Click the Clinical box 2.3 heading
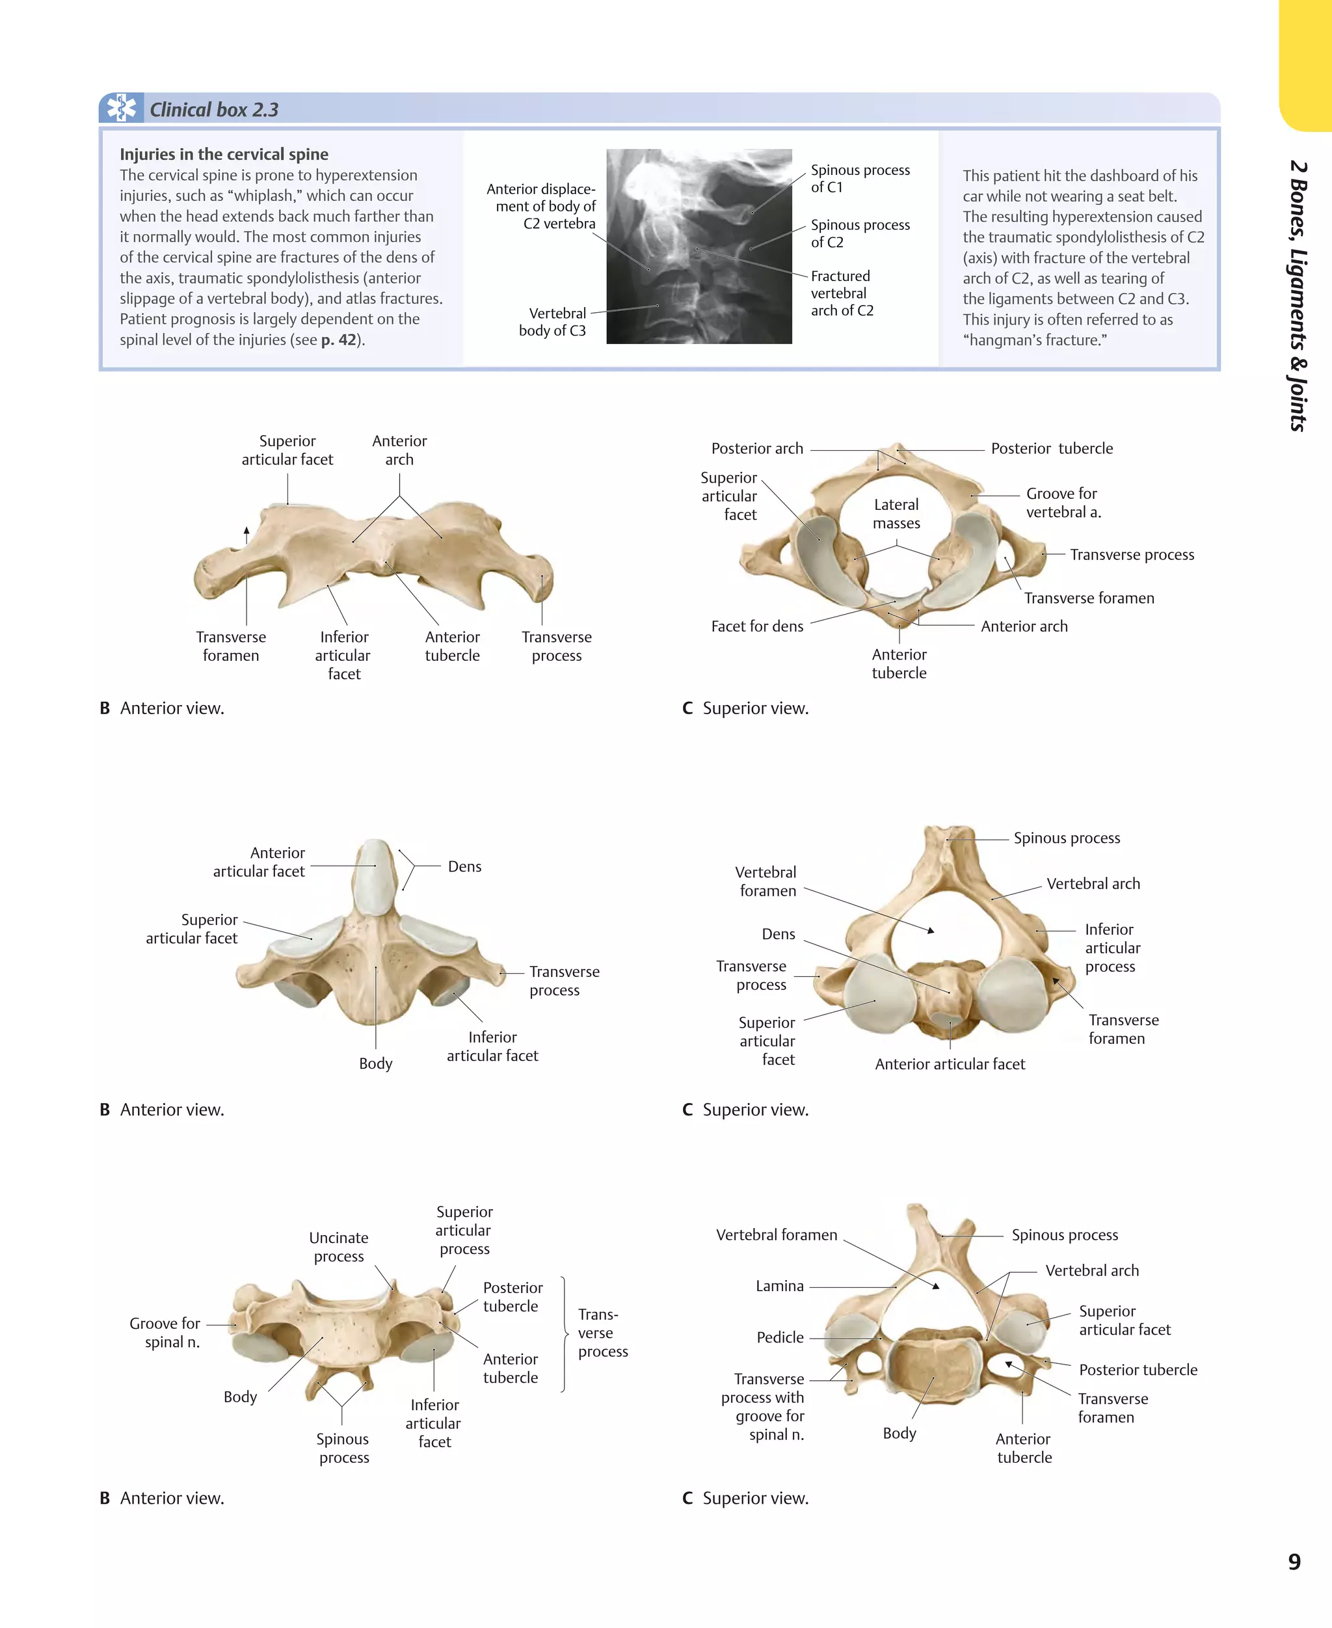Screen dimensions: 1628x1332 click(x=213, y=110)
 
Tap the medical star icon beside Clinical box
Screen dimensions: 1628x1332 click(x=120, y=108)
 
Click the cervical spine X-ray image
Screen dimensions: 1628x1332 click(x=699, y=247)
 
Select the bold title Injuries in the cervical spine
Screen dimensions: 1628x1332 click(x=223, y=154)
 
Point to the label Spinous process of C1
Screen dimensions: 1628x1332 click(x=859, y=178)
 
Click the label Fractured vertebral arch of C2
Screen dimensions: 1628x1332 click(x=842, y=293)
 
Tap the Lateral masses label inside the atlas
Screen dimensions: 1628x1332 click(x=896, y=514)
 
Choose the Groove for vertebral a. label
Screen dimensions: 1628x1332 click(x=1063, y=503)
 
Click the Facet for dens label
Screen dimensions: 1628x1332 click(x=756, y=626)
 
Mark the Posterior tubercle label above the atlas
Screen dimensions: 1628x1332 click(x=1051, y=448)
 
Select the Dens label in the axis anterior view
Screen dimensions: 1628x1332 click(x=464, y=866)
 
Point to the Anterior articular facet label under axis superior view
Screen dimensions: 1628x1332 click(x=949, y=1064)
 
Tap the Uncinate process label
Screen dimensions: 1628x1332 click(x=338, y=1247)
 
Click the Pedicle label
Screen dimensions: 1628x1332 click(x=780, y=1337)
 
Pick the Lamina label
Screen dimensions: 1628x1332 click(x=780, y=1286)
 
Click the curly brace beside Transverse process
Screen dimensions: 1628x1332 click(x=565, y=1334)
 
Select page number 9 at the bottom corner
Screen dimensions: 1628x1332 click(x=1294, y=1562)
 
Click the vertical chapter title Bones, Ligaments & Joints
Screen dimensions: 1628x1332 click(x=1298, y=295)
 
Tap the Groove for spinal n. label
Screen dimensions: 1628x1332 click(x=165, y=1333)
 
